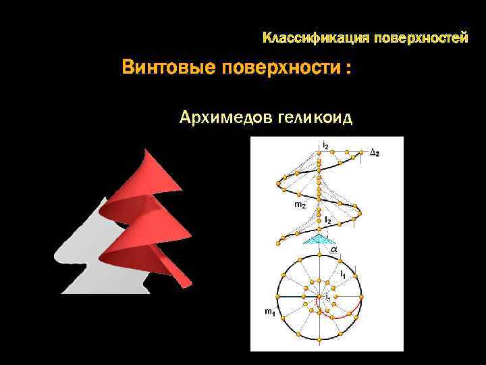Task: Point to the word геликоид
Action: pyautogui.click(x=314, y=118)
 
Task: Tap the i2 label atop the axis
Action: pyautogui.click(x=325, y=145)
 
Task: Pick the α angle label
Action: pyautogui.click(x=333, y=249)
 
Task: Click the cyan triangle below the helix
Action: pyautogui.click(x=318, y=239)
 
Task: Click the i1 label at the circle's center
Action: pyautogui.click(x=327, y=297)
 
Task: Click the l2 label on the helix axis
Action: pyautogui.click(x=327, y=220)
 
